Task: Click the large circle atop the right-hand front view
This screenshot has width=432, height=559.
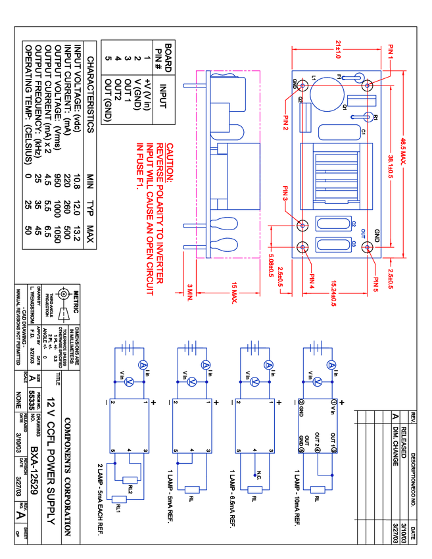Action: pyautogui.click(x=326, y=93)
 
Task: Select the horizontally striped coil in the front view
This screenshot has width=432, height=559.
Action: pyautogui.click(x=336, y=175)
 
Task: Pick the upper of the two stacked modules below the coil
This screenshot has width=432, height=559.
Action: pyautogui.click(x=335, y=225)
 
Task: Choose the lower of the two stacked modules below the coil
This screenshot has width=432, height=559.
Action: pyautogui.click(x=335, y=245)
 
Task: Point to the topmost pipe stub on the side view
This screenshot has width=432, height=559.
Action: pyautogui.click(x=194, y=85)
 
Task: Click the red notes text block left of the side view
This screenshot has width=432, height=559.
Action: pyautogui.click(x=155, y=217)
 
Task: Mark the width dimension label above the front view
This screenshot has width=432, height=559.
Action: pyautogui.click(x=339, y=48)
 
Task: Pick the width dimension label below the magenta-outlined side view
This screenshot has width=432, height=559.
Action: pyautogui.click(x=233, y=293)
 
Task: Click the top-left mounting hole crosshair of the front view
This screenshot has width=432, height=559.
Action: pyautogui.click(x=302, y=85)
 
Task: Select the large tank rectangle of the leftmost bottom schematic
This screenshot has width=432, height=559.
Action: pyautogui.click(x=129, y=425)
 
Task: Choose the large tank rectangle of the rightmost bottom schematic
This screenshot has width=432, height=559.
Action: pyautogui.click(x=318, y=425)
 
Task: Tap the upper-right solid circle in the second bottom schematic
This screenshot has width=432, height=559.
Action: pyautogui.click(x=206, y=364)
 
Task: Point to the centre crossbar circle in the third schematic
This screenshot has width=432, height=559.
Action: pyautogui.click(x=254, y=381)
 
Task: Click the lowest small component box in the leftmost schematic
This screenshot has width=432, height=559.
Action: pyautogui.click(x=119, y=500)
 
